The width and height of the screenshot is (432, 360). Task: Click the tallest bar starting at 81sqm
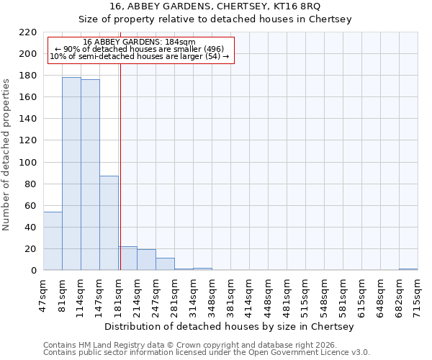click(x=71, y=174)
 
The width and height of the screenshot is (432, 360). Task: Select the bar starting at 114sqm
click(x=90, y=175)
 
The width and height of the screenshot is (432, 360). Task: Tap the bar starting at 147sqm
click(x=109, y=223)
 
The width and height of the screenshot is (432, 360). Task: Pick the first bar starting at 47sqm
click(x=53, y=241)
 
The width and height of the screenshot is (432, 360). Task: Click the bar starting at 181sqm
click(x=127, y=258)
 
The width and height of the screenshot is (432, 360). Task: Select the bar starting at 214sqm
click(x=146, y=260)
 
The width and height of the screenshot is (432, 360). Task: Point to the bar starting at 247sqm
click(x=165, y=264)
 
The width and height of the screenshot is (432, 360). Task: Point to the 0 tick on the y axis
click(x=33, y=271)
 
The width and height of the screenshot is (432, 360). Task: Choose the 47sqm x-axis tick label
click(x=43, y=294)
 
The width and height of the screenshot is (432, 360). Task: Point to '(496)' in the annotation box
click(x=215, y=49)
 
